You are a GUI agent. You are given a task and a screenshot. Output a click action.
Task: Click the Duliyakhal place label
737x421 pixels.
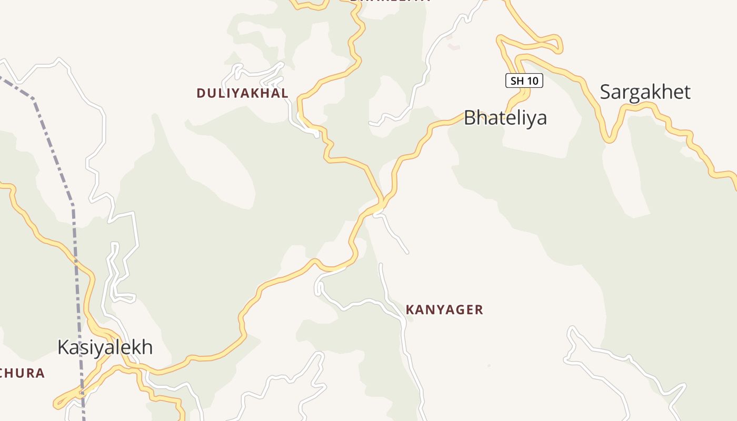(242, 93)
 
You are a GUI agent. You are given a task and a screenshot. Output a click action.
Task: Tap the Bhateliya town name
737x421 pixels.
(505, 117)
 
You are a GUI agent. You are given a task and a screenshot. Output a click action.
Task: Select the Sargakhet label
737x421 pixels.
(645, 92)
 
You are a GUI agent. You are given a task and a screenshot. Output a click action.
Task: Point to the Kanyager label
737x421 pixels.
(444, 309)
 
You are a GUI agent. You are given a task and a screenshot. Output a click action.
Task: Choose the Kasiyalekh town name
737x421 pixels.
(105, 347)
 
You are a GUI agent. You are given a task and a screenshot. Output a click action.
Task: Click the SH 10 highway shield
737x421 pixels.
(524, 81)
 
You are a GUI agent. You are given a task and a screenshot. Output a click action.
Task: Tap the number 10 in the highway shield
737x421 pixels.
(532, 81)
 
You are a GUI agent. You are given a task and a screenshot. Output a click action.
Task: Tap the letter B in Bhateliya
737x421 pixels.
(470, 117)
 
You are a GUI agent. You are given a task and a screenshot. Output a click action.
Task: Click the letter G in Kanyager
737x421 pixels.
(452, 309)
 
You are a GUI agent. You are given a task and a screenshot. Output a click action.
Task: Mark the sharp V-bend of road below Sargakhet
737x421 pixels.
(609, 140)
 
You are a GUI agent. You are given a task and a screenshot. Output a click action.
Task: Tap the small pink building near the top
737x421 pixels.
(454, 47)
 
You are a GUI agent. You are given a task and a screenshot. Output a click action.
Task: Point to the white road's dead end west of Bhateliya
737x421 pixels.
(371, 124)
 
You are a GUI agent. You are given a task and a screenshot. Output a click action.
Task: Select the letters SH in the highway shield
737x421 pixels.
(516, 81)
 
